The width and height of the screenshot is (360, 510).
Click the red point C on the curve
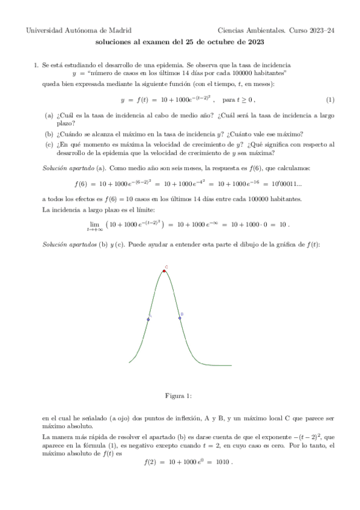click(x=164, y=271)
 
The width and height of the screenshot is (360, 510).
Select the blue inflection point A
click(x=148, y=319)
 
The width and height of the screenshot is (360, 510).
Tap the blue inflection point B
click(x=180, y=317)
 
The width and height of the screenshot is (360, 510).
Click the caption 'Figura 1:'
click(x=179, y=395)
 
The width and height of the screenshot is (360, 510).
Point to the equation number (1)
click(x=330, y=99)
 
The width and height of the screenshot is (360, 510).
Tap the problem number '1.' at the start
click(x=36, y=64)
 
